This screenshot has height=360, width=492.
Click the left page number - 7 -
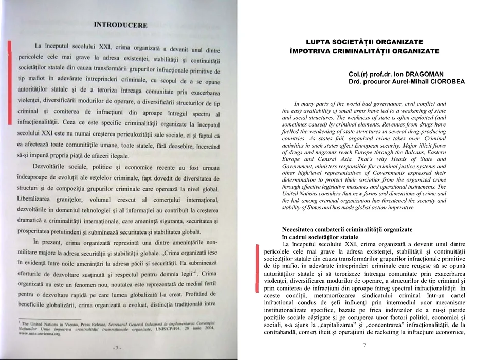pos(118,348)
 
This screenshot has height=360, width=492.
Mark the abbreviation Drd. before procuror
pos(356,81)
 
